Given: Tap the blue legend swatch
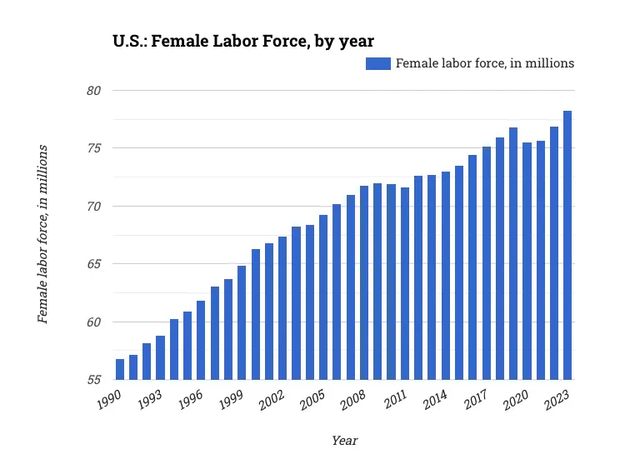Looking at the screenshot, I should click(x=377, y=63).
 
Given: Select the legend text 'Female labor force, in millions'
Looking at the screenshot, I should click(x=484, y=63).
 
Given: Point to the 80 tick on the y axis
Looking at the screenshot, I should click(x=94, y=90).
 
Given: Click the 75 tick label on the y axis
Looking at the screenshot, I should click(x=94, y=148).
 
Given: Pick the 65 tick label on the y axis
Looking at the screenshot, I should click(x=94, y=264).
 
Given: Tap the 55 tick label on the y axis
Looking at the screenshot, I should click(x=94, y=380).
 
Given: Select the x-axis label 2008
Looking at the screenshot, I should click(x=353, y=401).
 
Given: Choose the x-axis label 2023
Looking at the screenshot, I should click(x=557, y=401).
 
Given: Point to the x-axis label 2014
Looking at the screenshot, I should click(x=435, y=401).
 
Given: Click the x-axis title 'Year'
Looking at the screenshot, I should click(x=344, y=440).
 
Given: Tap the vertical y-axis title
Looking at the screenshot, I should click(x=42, y=234).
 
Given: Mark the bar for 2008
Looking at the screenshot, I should click(x=364, y=282).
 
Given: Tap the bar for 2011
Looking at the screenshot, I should click(x=405, y=283).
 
